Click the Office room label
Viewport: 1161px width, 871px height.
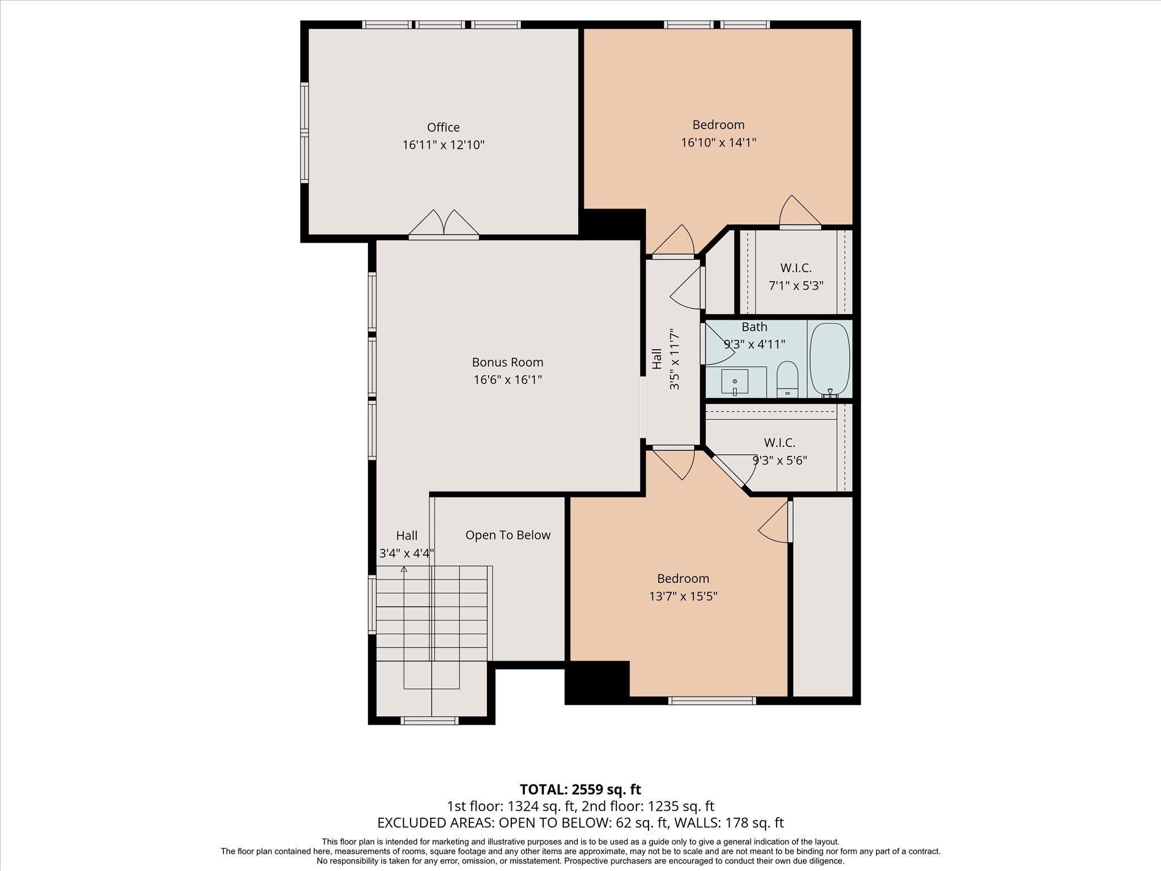pos(443,128)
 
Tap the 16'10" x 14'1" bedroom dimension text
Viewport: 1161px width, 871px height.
pos(718,142)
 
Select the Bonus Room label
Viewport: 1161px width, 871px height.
pos(507,362)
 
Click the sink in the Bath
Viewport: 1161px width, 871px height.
pos(735,382)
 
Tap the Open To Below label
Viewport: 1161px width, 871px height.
pos(507,535)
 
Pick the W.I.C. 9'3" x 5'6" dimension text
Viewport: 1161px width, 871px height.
pos(779,460)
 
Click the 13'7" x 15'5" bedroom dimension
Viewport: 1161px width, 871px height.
pos(683,597)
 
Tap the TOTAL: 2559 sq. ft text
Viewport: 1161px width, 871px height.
pos(580,789)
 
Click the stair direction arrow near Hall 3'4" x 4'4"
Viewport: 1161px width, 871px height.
pos(404,569)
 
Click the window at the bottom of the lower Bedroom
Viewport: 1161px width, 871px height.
pos(712,700)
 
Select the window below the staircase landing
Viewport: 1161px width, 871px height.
pos(429,721)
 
